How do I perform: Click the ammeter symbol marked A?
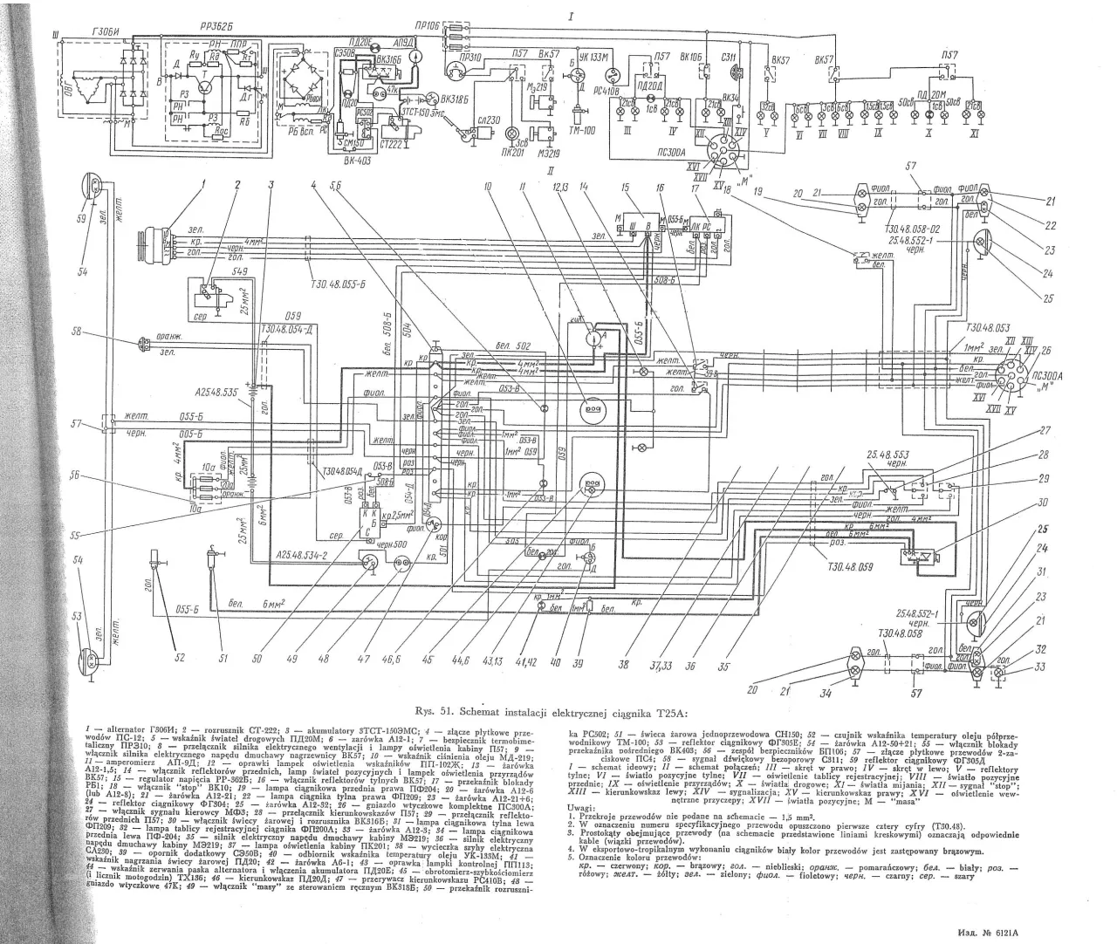pyautogui.click(x=593, y=334)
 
